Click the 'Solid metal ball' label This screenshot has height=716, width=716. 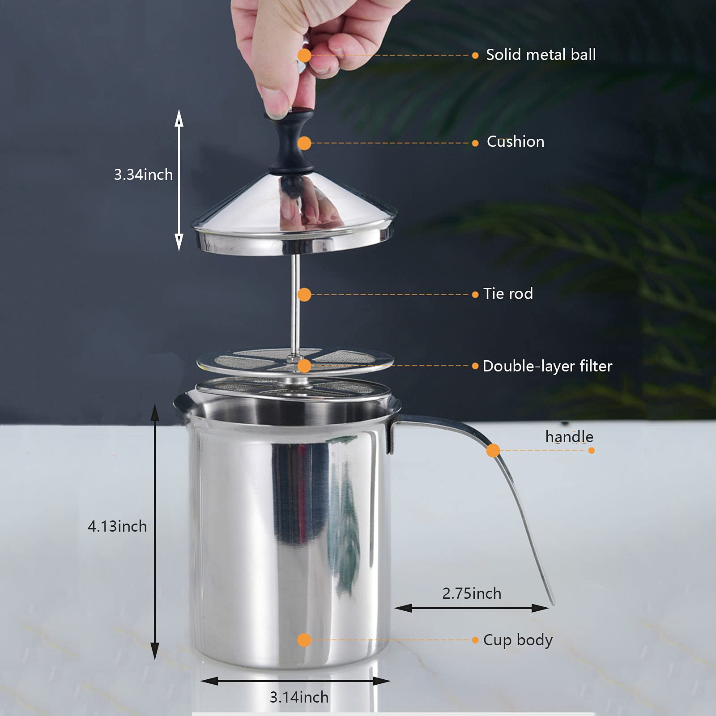541,55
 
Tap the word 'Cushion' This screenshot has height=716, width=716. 516,141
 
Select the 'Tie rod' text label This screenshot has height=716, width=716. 508,294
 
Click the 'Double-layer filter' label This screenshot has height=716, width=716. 547,366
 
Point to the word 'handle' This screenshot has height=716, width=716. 569,436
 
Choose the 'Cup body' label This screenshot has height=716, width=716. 518,640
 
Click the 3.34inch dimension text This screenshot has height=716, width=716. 143,175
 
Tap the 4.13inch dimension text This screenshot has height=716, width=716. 117,526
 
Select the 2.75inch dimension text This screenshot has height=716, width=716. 472,593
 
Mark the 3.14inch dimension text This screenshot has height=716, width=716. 299,697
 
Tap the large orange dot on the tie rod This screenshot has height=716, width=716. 304,294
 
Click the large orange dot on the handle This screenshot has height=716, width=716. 493,450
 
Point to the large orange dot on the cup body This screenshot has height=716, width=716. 304,640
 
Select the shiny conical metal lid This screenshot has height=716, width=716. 293,215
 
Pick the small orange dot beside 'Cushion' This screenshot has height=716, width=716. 475,143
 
